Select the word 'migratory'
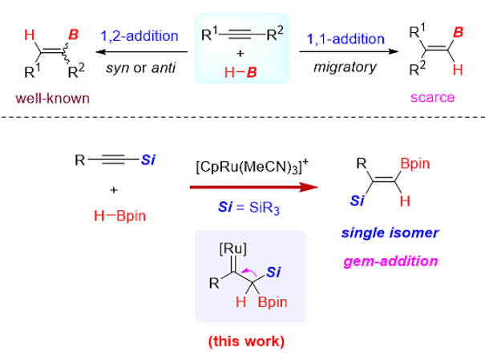click(x=345, y=66)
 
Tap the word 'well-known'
click(x=48, y=98)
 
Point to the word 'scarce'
click(x=431, y=98)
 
